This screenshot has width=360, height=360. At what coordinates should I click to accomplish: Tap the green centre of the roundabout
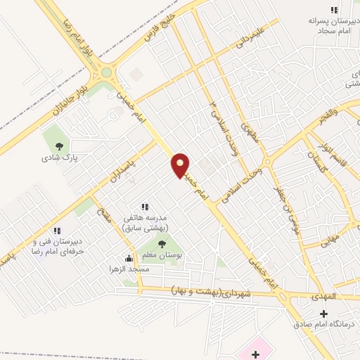[x=106, y=72]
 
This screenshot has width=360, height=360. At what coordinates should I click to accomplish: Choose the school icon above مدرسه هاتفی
[x=145, y=207]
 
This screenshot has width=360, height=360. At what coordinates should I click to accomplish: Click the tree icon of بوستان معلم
[x=162, y=244]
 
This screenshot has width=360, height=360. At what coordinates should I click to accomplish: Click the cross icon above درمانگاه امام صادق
[x=323, y=313]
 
